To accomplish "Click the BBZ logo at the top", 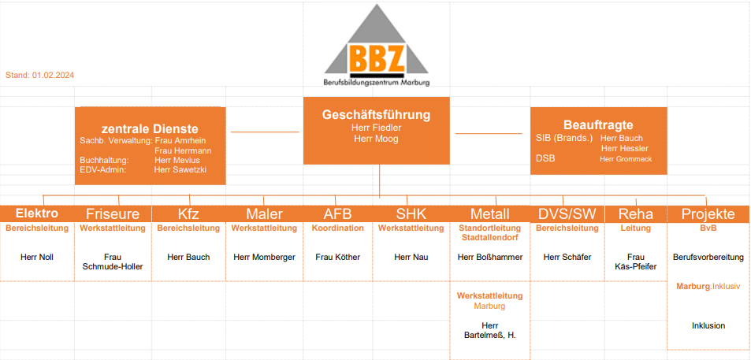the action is coord(377,46).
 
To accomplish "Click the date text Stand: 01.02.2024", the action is coord(39,75).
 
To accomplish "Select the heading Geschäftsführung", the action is coord(376,115).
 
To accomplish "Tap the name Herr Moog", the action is coord(376,139).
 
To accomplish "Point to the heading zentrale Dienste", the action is coord(150,128).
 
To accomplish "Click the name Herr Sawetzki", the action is coord(180,169).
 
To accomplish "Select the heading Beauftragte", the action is coord(598,125).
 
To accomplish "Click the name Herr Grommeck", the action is coord(626,159).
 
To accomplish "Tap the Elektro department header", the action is coord(37,213).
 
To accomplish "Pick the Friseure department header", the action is coord(113,214).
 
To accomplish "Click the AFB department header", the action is coord(337,214).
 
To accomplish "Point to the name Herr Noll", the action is coord(37,257).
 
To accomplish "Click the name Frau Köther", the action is coord(337,257).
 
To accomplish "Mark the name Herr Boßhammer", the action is coord(490,257).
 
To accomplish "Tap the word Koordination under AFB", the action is coord(337,228).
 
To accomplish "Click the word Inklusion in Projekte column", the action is coord(708,325).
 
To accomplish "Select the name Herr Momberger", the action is coord(264,257).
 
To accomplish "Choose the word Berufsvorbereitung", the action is coord(708,257).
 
